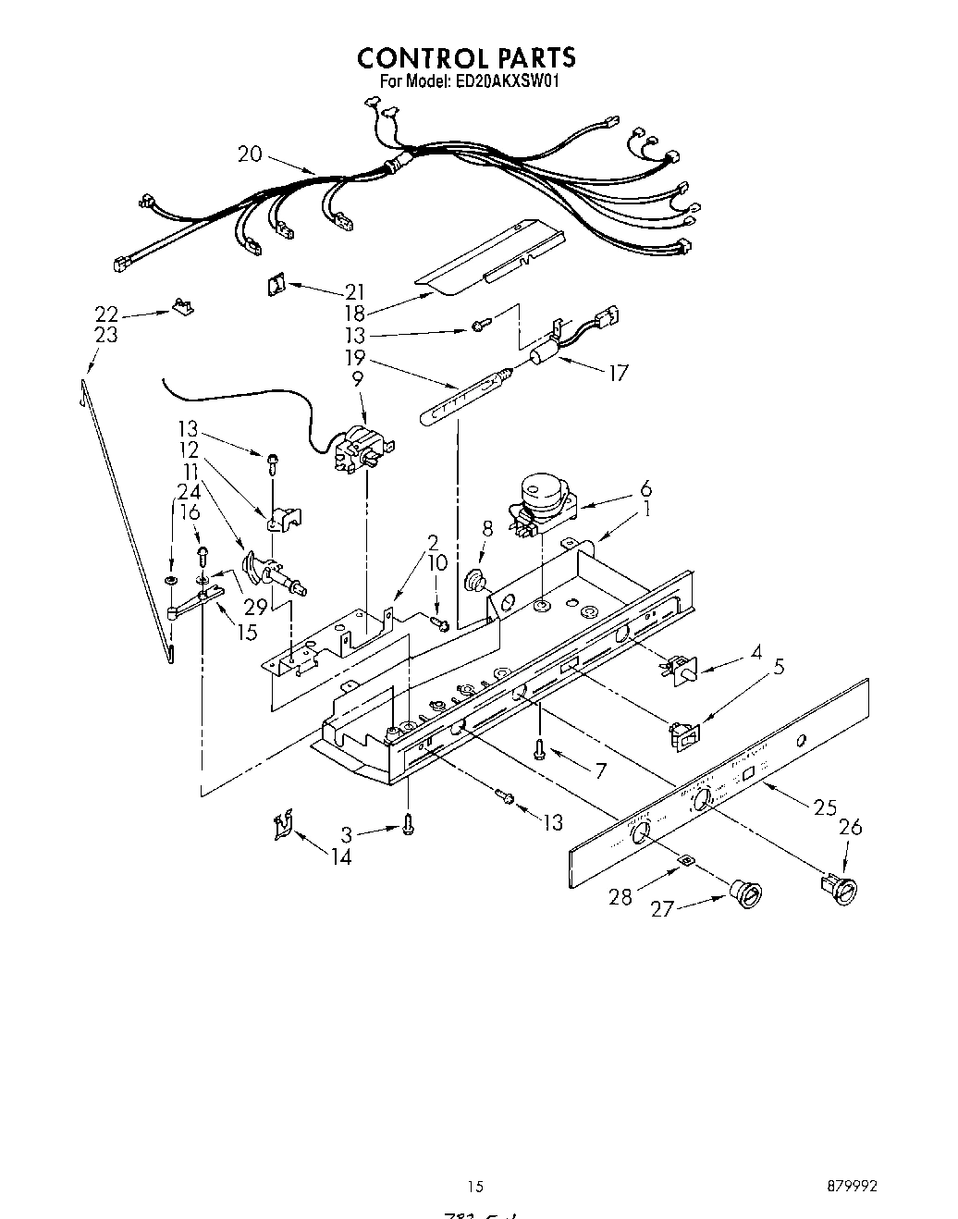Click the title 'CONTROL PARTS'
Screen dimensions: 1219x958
(x=466, y=57)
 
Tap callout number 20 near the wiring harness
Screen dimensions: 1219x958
(x=251, y=154)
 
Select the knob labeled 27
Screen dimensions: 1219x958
(x=744, y=894)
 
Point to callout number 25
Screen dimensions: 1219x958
(x=825, y=807)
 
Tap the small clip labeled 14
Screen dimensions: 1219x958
(x=283, y=825)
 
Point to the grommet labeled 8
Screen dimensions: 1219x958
(x=477, y=581)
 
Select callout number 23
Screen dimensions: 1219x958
(x=106, y=334)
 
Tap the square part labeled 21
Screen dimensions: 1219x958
(x=273, y=286)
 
